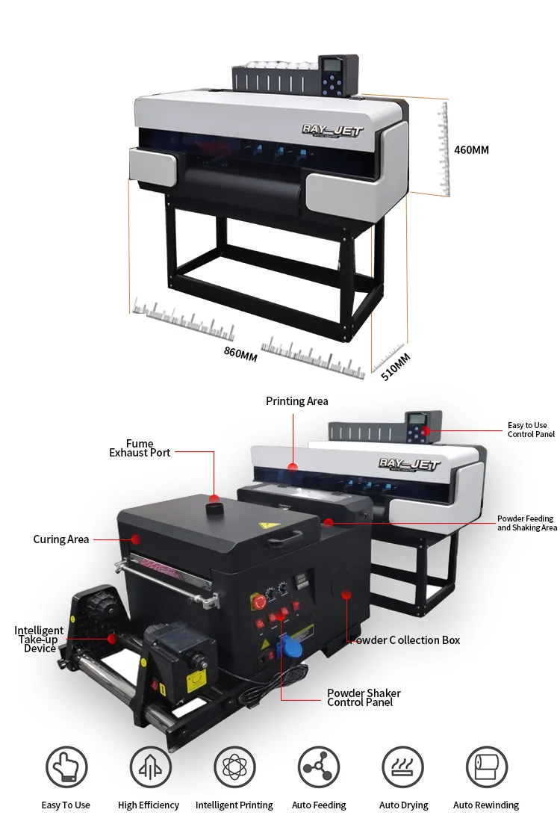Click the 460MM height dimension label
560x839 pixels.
[471, 150]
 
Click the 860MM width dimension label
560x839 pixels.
[240, 353]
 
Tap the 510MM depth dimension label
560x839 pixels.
[396, 366]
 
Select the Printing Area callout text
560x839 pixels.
[296, 401]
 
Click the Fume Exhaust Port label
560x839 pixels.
[140, 448]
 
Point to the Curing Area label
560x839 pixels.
[61, 539]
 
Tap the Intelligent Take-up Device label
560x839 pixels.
[39, 640]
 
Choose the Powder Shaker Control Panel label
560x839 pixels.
[364, 698]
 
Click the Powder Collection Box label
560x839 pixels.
[405, 640]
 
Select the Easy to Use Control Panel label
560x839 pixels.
[531, 430]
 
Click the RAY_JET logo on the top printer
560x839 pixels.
[332, 130]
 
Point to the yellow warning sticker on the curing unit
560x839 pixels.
[264, 526]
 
